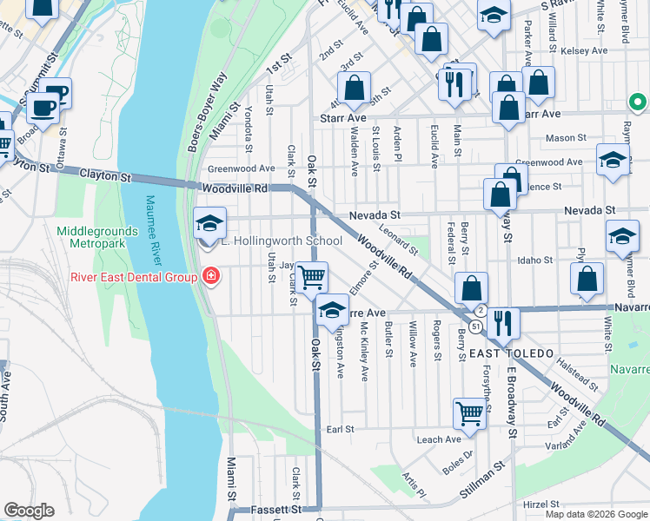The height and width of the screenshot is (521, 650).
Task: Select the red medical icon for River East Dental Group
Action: tap(209, 278)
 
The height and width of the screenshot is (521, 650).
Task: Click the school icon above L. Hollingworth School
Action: tap(209, 225)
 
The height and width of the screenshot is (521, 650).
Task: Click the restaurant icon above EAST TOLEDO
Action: tap(503, 323)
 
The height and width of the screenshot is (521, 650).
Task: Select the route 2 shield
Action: tap(480, 310)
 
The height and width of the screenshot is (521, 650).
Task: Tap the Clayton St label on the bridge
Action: tap(104, 176)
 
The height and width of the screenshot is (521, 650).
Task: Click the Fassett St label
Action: tap(275, 510)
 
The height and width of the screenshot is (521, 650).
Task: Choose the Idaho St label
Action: tap(535, 260)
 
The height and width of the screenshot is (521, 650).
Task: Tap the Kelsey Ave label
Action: tap(587, 51)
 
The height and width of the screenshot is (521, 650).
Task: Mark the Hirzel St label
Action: tap(541, 505)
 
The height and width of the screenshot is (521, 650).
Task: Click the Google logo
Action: tap(29, 511)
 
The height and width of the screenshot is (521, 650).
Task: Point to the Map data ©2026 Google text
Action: tap(595, 514)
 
